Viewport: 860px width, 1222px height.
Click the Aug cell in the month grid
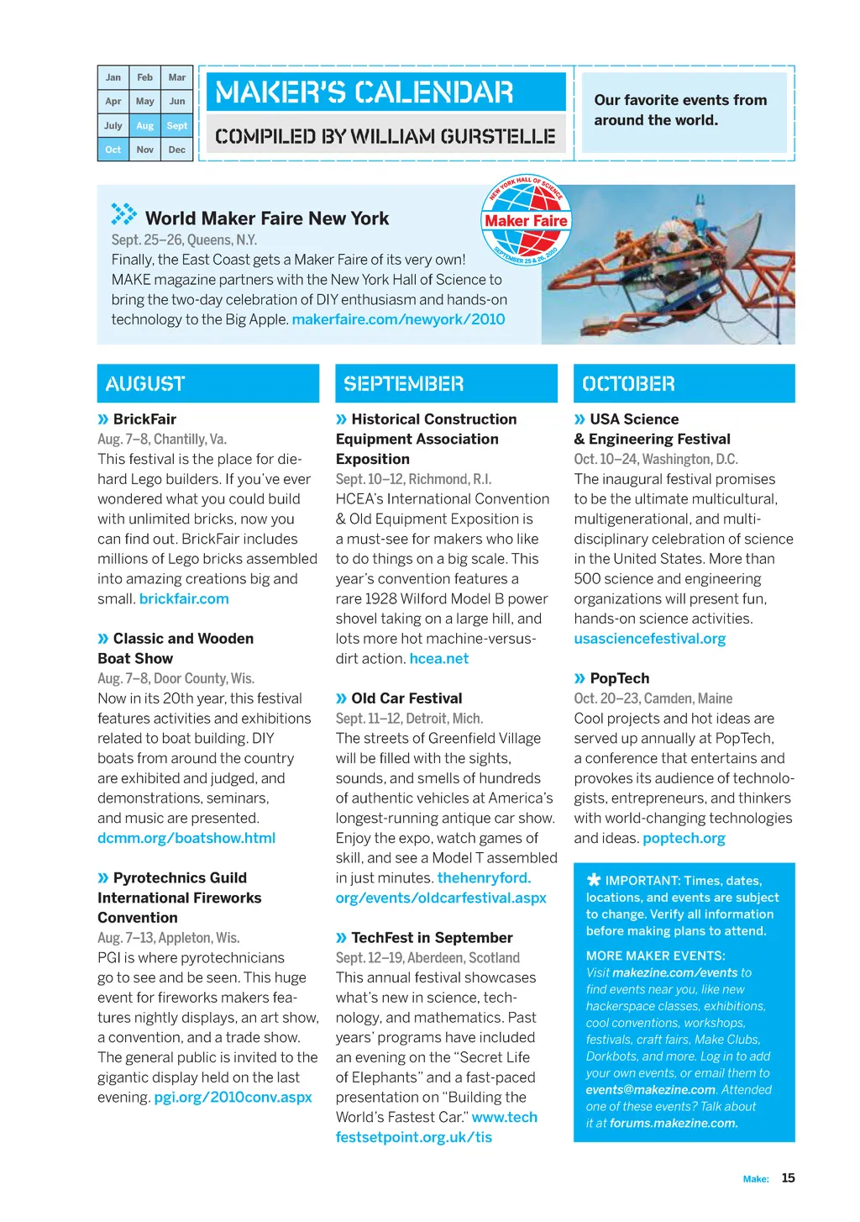tap(144, 125)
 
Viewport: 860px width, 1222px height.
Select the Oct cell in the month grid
tap(113, 150)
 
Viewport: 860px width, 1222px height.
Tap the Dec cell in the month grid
tap(176, 150)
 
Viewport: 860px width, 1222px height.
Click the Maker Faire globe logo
tap(526, 220)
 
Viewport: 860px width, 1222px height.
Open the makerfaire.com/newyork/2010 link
tap(398, 319)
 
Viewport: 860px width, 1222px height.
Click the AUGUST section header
tap(207, 383)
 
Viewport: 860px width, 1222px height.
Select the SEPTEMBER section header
tap(446, 383)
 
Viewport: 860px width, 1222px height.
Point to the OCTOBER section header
tap(684, 383)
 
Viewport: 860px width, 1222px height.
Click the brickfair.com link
tap(184, 598)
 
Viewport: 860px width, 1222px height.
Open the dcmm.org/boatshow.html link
tap(186, 838)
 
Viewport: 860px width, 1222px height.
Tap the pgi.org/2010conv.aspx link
tap(233, 1097)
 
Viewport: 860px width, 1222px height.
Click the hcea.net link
tap(439, 659)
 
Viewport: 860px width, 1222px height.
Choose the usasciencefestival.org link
tap(650, 639)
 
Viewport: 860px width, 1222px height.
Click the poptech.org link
tap(684, 838)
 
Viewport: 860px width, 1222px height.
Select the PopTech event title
tap(620, 678)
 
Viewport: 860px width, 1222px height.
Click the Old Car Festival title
tap(406, 698)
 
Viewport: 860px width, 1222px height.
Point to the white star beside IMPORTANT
tap(594, 880)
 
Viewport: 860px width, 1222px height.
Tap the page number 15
tap(788, 1177)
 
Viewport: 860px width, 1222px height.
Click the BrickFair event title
tap(144, 419)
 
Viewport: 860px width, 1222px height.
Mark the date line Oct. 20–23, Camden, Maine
tap(653, 698)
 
